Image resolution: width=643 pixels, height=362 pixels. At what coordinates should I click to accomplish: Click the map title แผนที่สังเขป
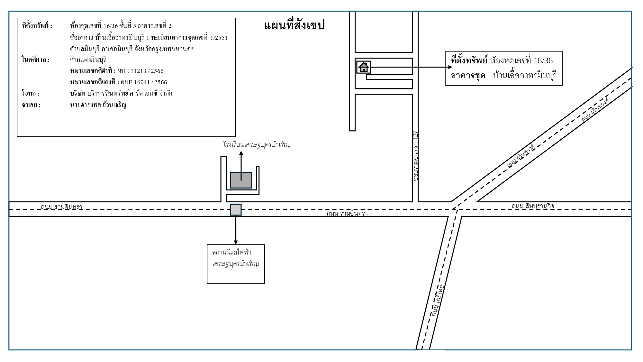click(x=294, y=25)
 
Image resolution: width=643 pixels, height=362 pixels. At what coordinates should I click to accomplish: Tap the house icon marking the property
click(x=364, y=67)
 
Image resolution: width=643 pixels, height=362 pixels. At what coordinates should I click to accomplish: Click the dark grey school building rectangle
click(x=241, y=180)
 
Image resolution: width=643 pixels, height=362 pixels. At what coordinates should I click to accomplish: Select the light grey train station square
click(x=236, y=209)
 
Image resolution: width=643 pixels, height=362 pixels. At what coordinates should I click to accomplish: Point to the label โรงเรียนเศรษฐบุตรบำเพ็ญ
click(x=257, y=145)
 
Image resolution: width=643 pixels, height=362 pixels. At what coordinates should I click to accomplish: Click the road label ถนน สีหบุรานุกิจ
click(x=533, y=206)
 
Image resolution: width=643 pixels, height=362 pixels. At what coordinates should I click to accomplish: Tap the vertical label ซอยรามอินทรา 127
click(x=416, y=155)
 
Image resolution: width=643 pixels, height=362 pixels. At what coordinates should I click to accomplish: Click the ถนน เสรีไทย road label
click(x=438, y=301)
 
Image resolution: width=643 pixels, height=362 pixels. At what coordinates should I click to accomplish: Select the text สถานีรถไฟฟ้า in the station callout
click(x=231, y=252)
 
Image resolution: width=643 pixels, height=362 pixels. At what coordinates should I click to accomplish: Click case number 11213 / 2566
click(x=147, y=71)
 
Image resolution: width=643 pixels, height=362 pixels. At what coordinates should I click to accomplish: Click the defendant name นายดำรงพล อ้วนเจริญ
click(x=98, y=105)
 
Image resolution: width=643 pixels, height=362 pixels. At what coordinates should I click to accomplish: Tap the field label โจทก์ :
click(x=31, y=94)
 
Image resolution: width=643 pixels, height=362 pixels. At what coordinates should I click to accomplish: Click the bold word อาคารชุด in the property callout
click(x=468, y=76)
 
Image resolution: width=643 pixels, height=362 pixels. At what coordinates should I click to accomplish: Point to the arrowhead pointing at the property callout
click(x=450, y=67)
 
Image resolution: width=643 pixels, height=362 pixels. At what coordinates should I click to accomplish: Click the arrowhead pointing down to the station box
click(x=236, y=242)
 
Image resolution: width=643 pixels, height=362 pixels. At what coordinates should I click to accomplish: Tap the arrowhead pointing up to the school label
click(x=241, y=153)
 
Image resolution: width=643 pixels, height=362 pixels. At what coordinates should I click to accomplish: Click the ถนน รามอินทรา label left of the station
click(x=61, y=207)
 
